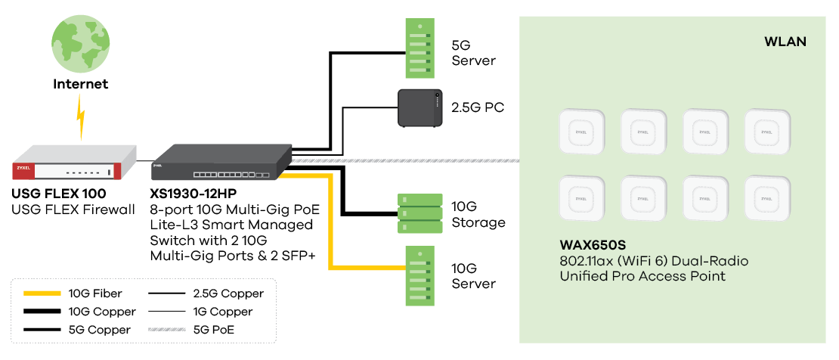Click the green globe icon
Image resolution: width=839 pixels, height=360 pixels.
point(80,45)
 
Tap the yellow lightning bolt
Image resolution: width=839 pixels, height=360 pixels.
point(81,116)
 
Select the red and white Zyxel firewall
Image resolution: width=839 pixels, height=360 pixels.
point(74,164)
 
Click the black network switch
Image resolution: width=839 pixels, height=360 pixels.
point(221,162)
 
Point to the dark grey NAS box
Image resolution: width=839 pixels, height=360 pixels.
point(420,107)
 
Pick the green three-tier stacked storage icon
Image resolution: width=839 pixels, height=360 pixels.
point(419,214)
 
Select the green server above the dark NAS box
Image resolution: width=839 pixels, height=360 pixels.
point(419,48)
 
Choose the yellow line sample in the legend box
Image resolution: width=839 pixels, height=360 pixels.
point(42,293)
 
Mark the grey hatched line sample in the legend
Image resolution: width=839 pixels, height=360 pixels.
point(167,329)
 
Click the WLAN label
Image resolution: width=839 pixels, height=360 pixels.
point(785,42)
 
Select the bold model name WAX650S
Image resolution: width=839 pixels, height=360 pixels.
point(593,246)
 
